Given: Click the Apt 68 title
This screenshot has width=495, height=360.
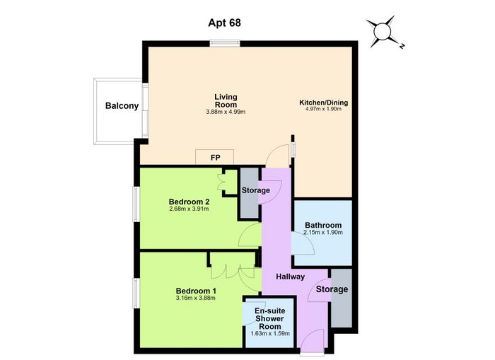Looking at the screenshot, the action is click(x=224, y=23).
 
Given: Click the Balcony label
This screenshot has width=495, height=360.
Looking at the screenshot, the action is click(x=122, y=105).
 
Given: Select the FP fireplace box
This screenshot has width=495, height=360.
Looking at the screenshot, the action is click(x=215, y=157).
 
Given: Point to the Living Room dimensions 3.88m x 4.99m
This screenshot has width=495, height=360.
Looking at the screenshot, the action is click(x=226, y=112).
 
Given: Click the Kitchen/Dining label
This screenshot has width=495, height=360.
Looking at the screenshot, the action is click(x=324, y=103).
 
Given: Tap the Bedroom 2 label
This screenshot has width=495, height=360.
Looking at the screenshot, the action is click(x=189, y=202).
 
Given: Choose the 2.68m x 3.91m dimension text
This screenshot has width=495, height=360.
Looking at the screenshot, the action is click(x=189, y=209).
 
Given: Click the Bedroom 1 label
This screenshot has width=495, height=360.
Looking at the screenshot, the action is click(x=196, y=291).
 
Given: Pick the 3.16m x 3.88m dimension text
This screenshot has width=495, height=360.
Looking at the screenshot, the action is click(x=196, y=298).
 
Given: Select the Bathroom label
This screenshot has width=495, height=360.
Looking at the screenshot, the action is click(x=323, y=225).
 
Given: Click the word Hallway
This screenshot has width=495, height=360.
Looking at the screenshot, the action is click(x=291, y=277).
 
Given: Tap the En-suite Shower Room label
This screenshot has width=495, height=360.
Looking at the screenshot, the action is click(x=269, y=318).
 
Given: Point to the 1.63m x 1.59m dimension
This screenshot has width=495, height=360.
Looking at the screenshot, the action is click(x=270, y=333).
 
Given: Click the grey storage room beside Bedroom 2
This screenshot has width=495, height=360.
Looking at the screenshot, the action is click(x=250, y=192).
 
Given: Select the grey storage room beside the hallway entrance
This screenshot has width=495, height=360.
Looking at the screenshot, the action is click(x=342, y=298).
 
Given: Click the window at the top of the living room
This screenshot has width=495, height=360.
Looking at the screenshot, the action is click(x=225, y=43).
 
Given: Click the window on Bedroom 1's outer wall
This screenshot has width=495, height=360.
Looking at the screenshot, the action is click(x=136, y=293).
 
